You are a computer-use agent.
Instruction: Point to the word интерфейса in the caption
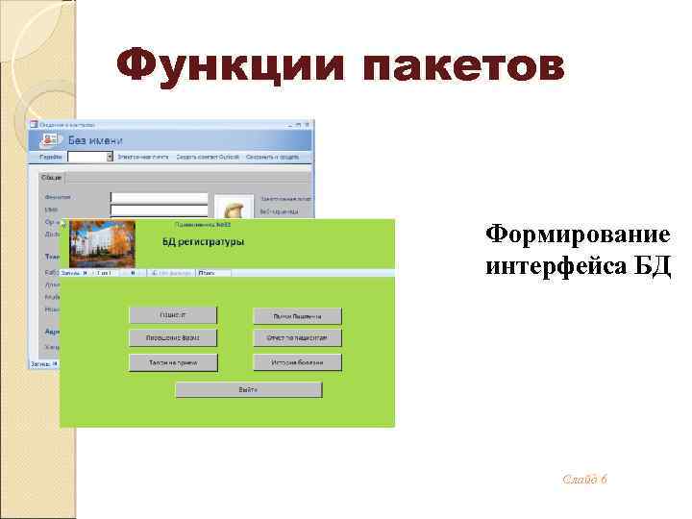pos(552,265)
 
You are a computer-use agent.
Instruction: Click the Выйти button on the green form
pos(248,389)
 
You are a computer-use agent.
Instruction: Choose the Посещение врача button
pos(173,337)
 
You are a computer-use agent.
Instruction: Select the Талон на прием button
pos(173,362)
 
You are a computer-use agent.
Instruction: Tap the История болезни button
pos(297,362)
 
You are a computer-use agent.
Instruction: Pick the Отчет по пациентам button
pos(297,338)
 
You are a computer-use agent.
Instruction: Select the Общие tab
pos(52,177)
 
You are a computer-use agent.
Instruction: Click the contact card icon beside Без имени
pos(50,139)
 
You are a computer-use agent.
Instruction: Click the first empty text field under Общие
pos(159,198)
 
